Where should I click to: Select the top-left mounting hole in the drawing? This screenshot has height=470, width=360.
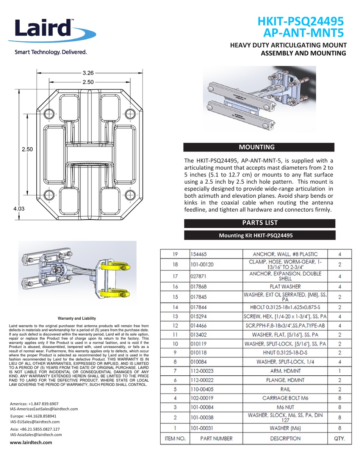(x=49, y=114)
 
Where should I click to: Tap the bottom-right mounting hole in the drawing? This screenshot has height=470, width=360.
(x=130, y=195)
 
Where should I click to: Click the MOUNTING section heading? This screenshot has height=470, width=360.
(x=259, y=147)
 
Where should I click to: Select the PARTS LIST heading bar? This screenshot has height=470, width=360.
(x=260, y=223)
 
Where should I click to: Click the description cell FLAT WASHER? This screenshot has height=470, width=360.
(x=285, y=286)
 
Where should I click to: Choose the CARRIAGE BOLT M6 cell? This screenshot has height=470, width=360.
(x=285, y=398)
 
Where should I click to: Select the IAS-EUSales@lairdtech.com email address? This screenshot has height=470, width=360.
(x=35, y=422)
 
